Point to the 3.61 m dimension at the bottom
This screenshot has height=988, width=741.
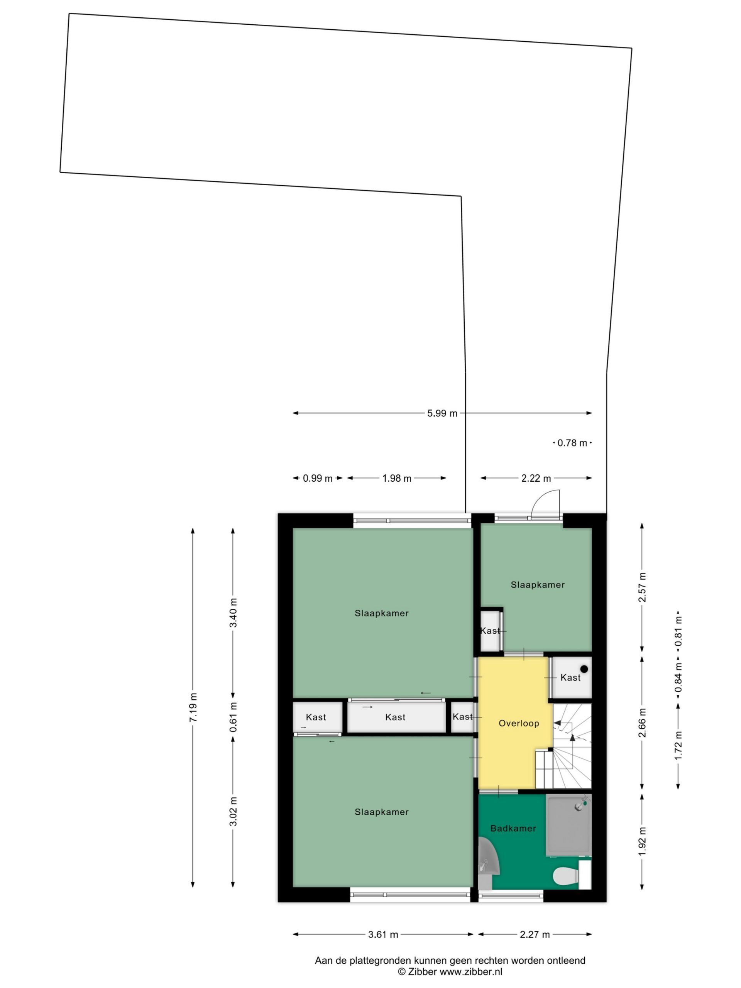[383, 934]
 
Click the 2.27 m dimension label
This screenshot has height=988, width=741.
[535, 934]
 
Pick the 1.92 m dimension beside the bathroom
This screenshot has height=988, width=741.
[642, 842]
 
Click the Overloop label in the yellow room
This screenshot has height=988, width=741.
[519, 724]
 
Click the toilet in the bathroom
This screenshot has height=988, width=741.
[565, 876]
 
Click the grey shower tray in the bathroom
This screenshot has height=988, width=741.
[568, 826]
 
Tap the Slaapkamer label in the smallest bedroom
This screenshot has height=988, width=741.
[537, 585]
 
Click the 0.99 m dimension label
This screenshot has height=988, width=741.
[318, 478]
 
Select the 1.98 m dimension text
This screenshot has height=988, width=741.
[397, 478]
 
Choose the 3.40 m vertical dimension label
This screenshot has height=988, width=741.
[233, 612]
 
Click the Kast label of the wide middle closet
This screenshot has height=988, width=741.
[395, 717]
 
